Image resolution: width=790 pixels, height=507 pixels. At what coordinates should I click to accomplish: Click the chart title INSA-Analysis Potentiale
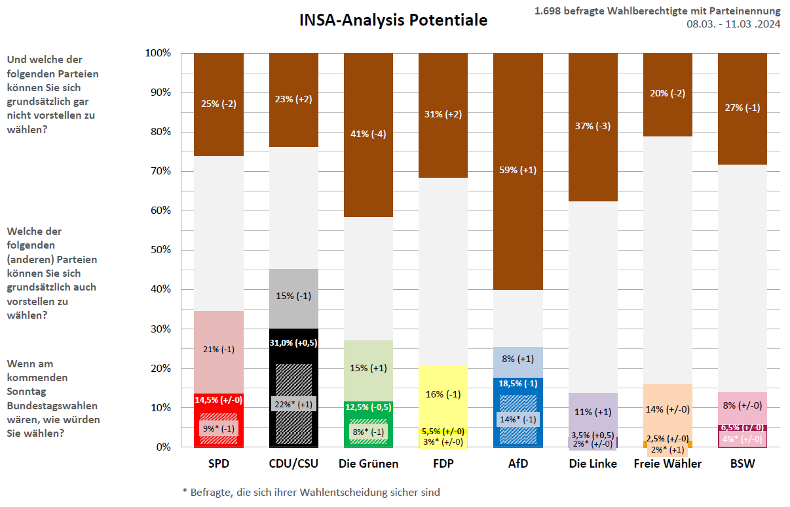click(393, 20)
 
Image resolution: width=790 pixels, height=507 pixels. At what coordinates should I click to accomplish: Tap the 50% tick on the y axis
click(157, 250)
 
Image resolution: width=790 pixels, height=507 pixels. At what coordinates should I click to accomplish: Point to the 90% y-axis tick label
click(157, 92)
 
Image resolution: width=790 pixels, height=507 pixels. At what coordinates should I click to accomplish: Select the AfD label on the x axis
click(517, 464)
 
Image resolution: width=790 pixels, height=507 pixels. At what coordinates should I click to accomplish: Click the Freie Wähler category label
click(668, 464)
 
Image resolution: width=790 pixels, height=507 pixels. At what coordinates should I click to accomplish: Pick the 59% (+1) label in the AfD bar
click(517, 171)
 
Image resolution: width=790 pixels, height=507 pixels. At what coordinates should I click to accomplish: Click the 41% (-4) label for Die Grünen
click(368, 135)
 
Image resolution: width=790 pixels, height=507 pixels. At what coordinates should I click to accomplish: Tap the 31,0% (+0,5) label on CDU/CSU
click(293, 342)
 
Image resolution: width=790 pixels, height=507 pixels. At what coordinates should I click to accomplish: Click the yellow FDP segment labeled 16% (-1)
click(443, 394)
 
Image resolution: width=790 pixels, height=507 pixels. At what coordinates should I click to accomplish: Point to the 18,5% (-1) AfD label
click(517, 383)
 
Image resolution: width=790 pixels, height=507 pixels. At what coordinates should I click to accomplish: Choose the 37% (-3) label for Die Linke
click(592, 126)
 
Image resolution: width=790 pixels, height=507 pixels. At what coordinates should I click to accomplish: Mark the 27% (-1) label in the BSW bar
click(742, 108)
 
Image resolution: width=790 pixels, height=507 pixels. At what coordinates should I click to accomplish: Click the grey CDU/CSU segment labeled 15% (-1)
click(293, 296)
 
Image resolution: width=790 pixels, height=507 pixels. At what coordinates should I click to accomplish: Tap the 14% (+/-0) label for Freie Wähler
click(668, 409)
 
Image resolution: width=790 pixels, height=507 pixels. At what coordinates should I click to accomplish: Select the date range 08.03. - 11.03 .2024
click(733, 24)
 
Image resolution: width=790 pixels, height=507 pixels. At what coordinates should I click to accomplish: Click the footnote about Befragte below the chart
click(310, 492)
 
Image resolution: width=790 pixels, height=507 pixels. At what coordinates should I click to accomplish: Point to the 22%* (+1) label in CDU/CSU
click(293, 405)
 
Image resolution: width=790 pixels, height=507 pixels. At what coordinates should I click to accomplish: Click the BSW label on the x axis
click(742, 464)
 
